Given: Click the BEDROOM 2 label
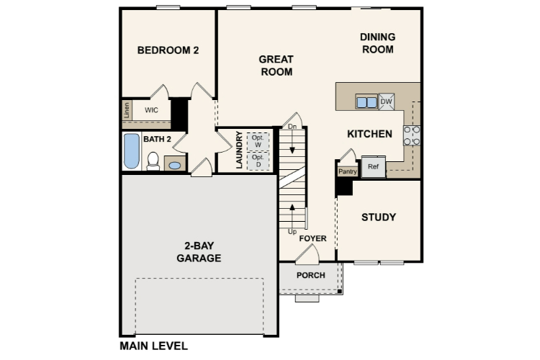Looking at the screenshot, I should pyautogui.click(x=168, y=50).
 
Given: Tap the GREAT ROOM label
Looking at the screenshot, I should pyautogui.click(x=276, y=66).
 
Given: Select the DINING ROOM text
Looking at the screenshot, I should pyautogui.click(x=377, y=43).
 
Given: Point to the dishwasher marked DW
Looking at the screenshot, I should pyautogui.click(x=386, y=102).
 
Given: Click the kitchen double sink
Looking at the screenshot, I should pyautogui.click(x=366, y=102).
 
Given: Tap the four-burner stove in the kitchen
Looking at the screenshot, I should pyautogui.click(x=412, y=135).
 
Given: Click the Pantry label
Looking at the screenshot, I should pyautogui.click(x=348, y=171).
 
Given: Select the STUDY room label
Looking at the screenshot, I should pyautogui.click(x=378, y=217).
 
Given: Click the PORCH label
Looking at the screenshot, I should pyautogui.click(x=310, y=275).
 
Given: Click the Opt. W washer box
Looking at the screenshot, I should pyautogui.click(x=258, y=141).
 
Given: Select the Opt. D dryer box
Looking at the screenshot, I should pyautogui.click(x=258, y=161).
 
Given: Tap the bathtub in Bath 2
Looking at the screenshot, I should pyautogui.click(x=131, y=151).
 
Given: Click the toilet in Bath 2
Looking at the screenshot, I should pyautogui.click(x=153, y=161).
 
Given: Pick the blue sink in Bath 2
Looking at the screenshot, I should pyautogui.click(x=174, y=165).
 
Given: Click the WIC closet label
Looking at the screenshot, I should pyautogui.click(x=151, y=110).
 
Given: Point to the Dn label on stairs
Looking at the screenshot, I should pyautogui.click(x=292, y=127).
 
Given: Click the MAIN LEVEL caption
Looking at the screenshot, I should pyautogui.click(x=153, y=346).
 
